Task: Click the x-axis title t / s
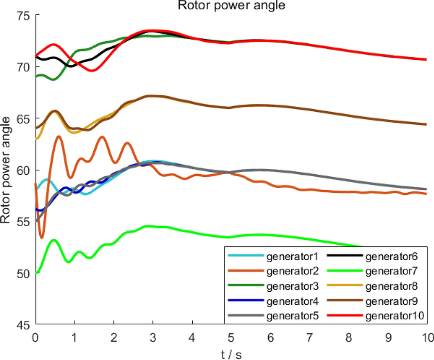click(x=231, y=352)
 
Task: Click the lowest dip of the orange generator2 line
click(x=42, y=237)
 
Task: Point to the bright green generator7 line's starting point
click(x=36, y=273)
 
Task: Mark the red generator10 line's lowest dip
click(x=92, y=71)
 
